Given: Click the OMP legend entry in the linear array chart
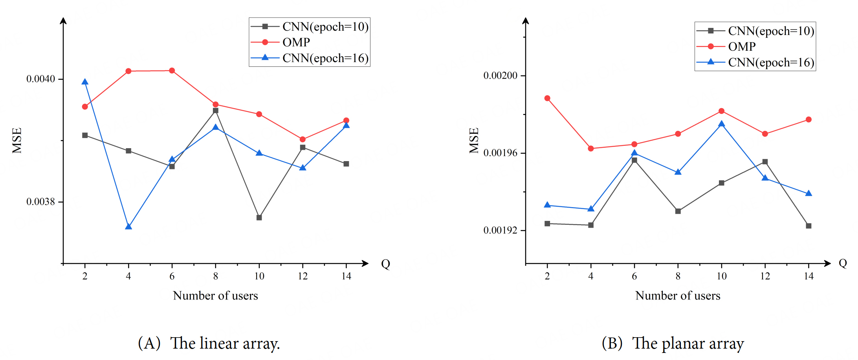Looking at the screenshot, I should (x=296, y=42).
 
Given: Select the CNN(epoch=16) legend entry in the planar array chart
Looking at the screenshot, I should (x=770, y=62).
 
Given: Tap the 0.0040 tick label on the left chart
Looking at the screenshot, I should (x=40, y=79).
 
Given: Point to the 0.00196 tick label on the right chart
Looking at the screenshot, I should (x=500, y=153).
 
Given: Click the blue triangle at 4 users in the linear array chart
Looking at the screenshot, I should (x=128, y=226).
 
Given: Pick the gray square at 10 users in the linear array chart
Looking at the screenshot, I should (x=259, y=217).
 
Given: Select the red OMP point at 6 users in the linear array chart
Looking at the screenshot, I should (x=172, y=71).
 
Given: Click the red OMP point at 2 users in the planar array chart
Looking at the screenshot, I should (x=547, y=98).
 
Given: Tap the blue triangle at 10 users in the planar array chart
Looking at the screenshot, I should (x=721, y=124).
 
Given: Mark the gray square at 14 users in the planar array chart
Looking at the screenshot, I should (x=808, y=226).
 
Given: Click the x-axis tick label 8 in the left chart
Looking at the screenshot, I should (x=215, y=276).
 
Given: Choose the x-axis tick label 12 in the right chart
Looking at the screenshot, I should (x=765, y=276).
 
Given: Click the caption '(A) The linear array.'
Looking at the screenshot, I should (x=209, y=343).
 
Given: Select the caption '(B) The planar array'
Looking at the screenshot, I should (x=673, y=343).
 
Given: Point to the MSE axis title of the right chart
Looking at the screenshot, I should (x=474, y=140).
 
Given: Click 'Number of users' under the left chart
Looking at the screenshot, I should (x=215, y=296).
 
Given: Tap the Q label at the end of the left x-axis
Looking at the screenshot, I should (x=385, y=264).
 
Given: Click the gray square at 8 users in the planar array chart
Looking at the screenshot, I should (x=678, y=211).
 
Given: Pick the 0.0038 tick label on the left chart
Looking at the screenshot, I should (x=40, y=202).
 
